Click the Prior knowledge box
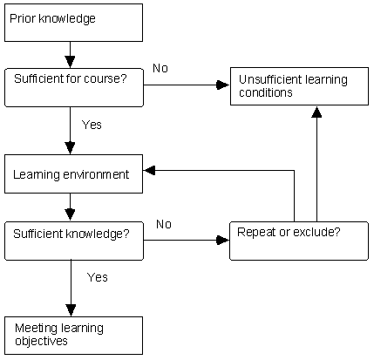(73, 23)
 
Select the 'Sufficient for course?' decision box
(74, 87)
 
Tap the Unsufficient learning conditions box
(299, 86)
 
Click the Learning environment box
(73, 173)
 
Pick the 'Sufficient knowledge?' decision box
(74, 241)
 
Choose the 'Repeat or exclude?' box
(299, 241)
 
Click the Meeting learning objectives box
(73, 336)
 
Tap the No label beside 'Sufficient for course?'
(160, 68)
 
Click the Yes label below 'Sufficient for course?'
(92, 125)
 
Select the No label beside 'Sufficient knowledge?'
(164, 224)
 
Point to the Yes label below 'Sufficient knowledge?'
(98, 277)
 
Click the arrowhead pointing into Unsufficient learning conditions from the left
(223, 85)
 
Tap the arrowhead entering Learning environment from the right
(150, 171)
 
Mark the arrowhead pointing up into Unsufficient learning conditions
(316, 112)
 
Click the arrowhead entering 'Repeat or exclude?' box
(223, 241)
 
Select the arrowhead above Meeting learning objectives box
(71, 310)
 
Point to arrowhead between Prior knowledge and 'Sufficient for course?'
(70, 62)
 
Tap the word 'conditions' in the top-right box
(266, 92)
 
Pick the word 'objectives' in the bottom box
(41, 341)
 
